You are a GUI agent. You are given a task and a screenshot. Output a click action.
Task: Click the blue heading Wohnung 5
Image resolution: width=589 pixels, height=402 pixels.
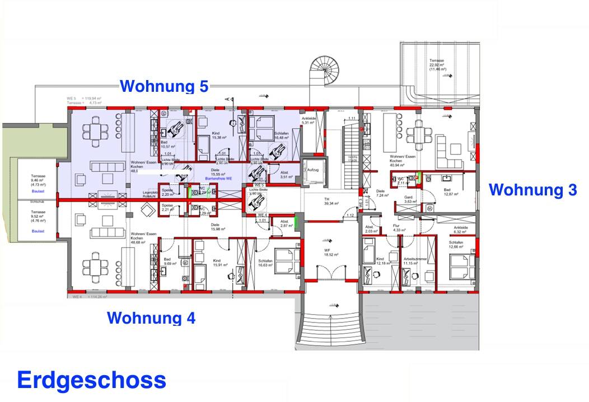pos(164,87)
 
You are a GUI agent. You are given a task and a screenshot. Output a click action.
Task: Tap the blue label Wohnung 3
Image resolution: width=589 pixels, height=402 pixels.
pos(532,190)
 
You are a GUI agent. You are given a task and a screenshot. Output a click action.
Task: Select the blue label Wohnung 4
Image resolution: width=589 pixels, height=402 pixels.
pos(151,318)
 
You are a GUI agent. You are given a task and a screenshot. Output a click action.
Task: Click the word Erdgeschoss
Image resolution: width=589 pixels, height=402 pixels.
pos(91,380)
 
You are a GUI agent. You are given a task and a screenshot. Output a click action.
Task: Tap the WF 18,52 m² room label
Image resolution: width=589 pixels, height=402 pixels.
pos(328,252)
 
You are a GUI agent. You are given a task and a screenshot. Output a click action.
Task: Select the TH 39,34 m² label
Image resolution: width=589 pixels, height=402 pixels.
pos(326,202)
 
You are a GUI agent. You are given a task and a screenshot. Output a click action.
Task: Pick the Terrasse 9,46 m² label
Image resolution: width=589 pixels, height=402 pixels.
pos(38,180)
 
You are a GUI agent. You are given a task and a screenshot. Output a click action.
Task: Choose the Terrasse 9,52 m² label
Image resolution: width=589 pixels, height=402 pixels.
pos(38,216)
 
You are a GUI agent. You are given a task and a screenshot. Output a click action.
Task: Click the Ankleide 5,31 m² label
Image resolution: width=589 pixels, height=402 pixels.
pos(310,121)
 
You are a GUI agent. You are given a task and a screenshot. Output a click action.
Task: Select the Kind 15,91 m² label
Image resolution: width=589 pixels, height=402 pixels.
pos(219,263)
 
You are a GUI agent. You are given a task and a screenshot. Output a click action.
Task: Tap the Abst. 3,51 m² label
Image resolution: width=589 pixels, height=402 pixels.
pos(285,175)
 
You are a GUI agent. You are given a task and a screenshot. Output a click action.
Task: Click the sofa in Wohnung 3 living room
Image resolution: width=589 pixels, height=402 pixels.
pos(448,149)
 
